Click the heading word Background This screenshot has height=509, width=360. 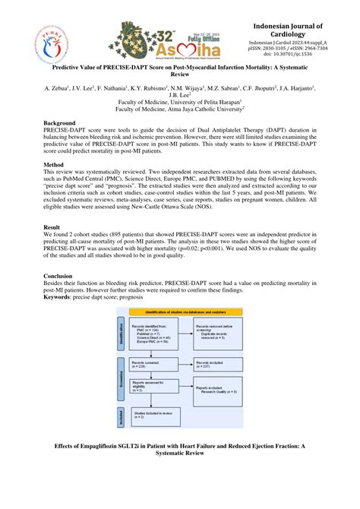(58, 123)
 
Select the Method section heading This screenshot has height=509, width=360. (53, 164)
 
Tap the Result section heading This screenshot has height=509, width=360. (52, 205)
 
